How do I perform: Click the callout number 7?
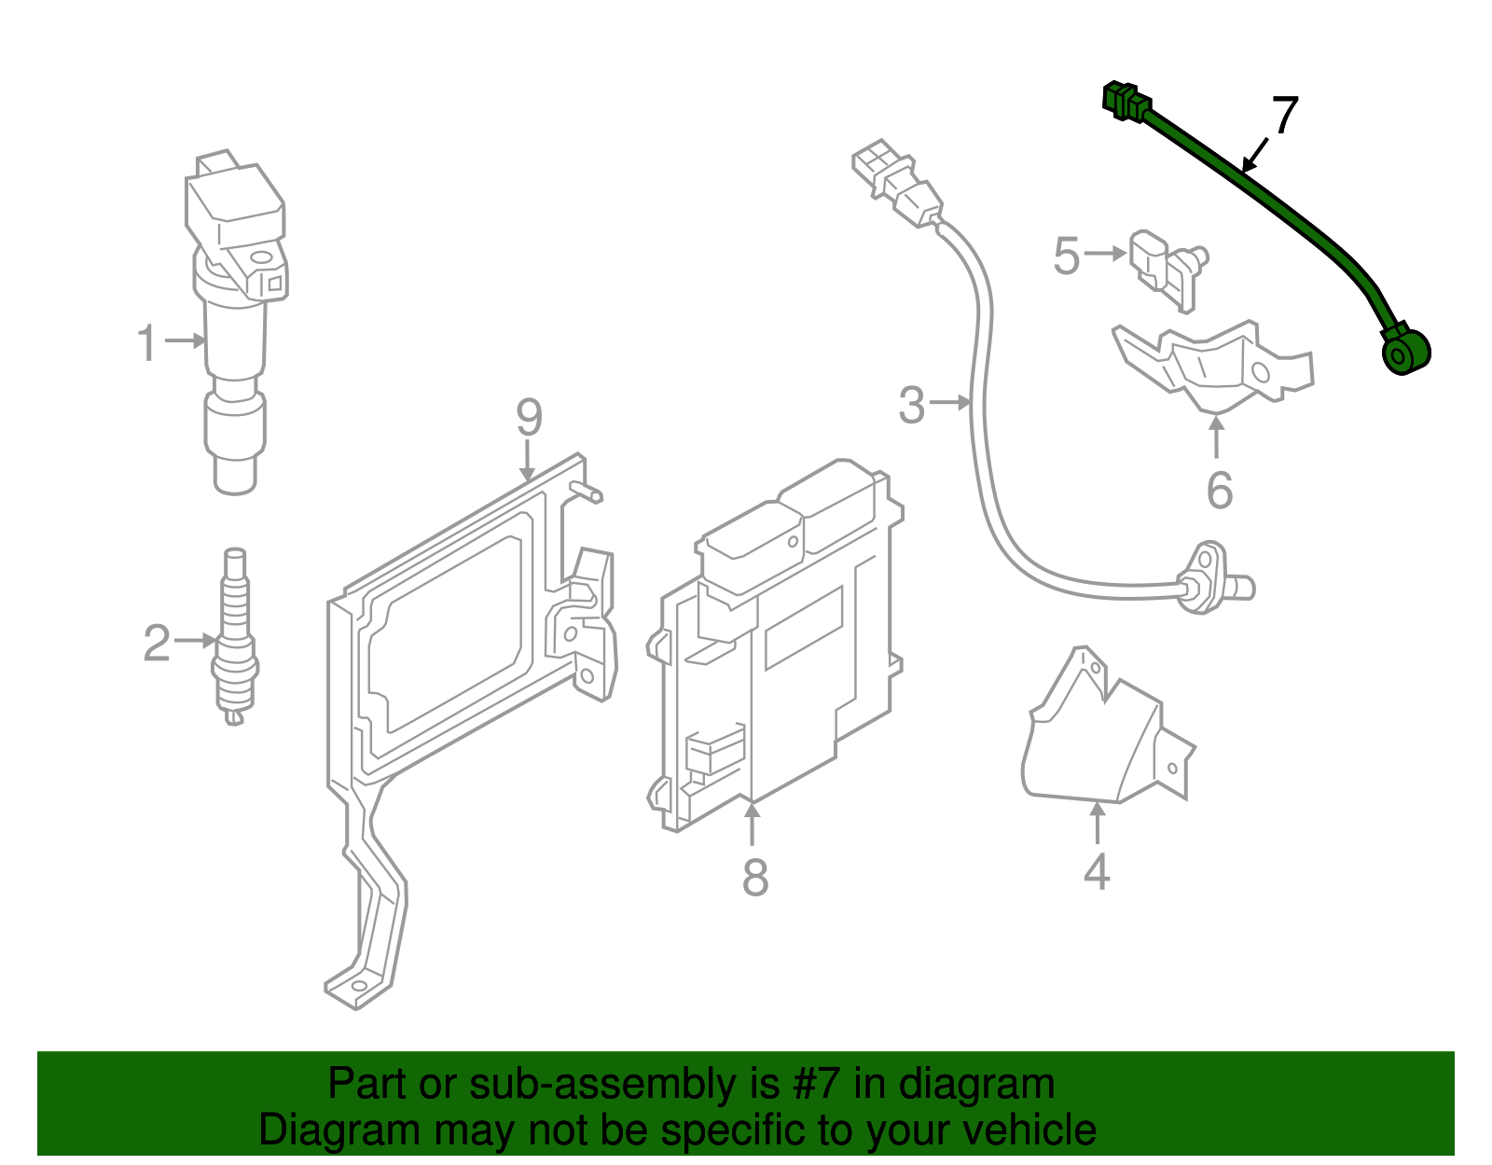click(1284, 116)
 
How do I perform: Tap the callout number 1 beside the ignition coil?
click(147, 342)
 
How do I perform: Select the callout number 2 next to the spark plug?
click(157, 643)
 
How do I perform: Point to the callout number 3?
click(911, 405)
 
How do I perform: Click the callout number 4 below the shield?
click(1097, 871)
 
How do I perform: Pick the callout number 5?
click(1066, 256)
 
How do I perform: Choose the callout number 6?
click(1219, 490)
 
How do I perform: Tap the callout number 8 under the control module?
click(754, 877)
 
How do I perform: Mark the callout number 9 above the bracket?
click(529, 417)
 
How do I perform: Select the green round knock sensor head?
click(1403, 354)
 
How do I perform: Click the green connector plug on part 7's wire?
click(1125, 101)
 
